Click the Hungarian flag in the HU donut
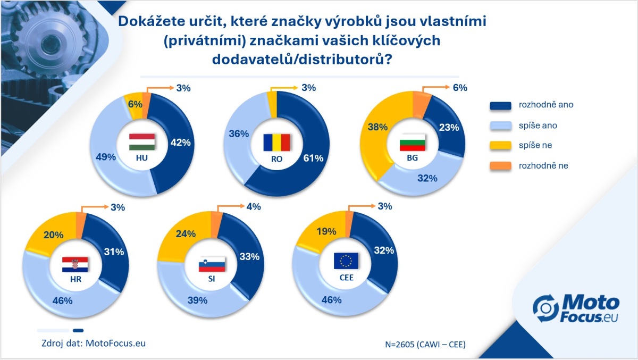tap(142, 142)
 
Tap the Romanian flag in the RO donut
tap(277, 143)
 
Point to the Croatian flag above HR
tap(75, 265)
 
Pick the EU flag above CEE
tap(346, 261)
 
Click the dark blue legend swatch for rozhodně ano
tap(500, 105)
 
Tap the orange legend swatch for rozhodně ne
tap(500, 166)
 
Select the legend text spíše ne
tap(537, 146)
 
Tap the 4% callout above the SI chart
tap(253, 207)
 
